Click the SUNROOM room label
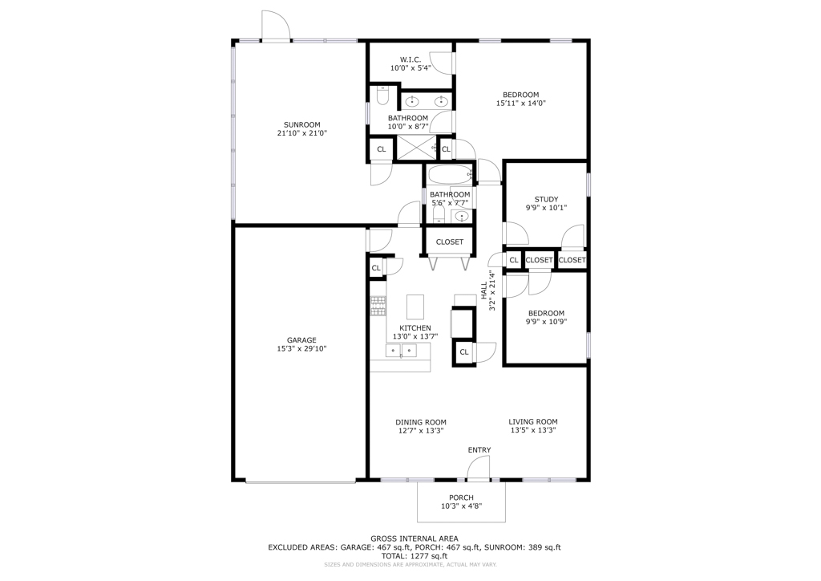[x=302, y=124]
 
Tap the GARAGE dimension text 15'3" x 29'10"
[x=301, y=348]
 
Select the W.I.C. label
[x=410, y=59]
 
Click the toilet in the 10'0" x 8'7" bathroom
[x=382, y=95]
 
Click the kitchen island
[x=415, y=307]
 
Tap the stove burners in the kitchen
[x=378, y=307]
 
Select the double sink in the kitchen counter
[x=401, y=351]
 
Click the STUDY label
[x=546, y=199]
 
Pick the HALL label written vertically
[x=483, y=290]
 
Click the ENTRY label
[x=479, y=450]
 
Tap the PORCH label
[x=461, y=498]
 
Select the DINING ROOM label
[x=421, y=422]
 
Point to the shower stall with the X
[x=417, y=148]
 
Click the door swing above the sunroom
[x=275, y=25]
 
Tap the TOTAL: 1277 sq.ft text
[x=415, y=556]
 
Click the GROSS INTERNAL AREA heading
[x=415, y=538]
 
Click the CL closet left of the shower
[x=381, y=149]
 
